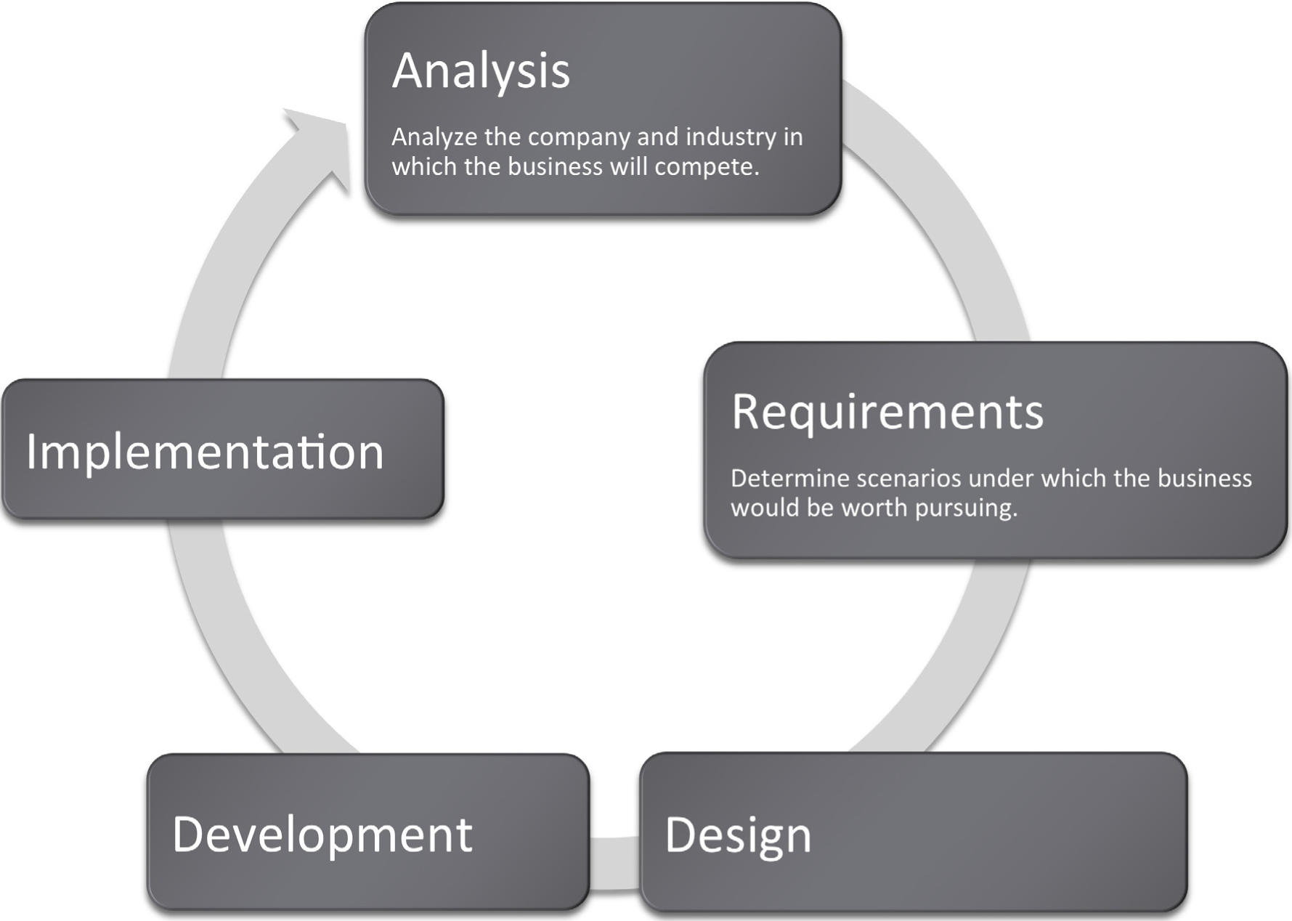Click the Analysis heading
point(481,71)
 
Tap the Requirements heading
point(887,412)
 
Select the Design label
point(738,835)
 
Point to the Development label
point(322,834)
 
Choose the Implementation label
point(205,452)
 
